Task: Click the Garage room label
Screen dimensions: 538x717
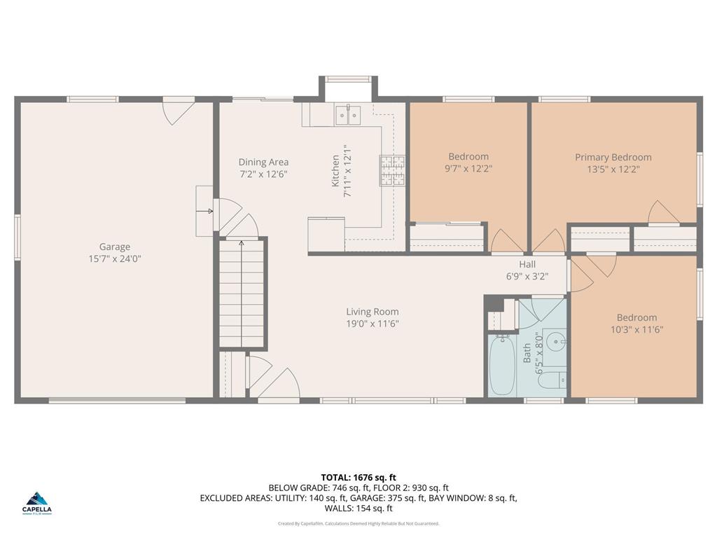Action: (x=114, y=247)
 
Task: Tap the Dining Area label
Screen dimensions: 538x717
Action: (x=263, y=162)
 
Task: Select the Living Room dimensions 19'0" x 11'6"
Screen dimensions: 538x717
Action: (x=373, y=324)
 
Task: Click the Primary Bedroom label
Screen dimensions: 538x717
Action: (x=613, y=157)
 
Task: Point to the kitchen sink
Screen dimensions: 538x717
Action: (x=347, y=113)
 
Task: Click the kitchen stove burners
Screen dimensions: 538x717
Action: (x=392, y=170)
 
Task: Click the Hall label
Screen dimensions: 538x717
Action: (x=527, y=264)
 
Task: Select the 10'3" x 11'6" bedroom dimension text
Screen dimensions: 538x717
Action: (x=636, y=329)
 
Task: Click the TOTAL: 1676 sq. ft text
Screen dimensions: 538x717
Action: (x=358, y=478)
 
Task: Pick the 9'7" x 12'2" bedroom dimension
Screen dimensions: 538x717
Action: (x=468, y=168)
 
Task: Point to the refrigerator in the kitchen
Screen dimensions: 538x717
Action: (x=326, y=234)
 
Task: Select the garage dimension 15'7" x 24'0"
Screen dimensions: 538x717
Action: (x=114, y=258)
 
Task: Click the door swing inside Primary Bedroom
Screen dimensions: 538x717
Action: (x=662, y=213)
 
